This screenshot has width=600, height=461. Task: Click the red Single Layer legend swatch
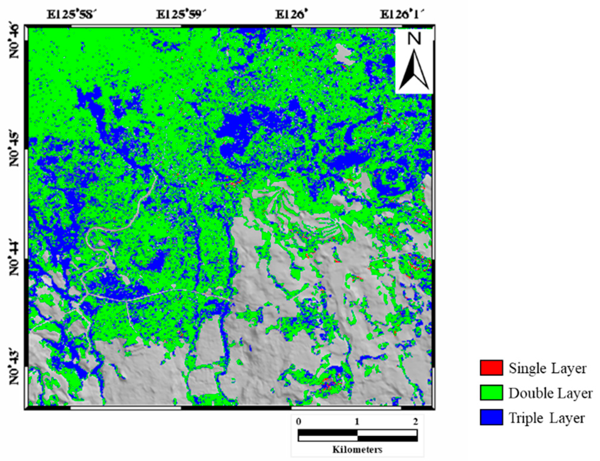coord(491,368)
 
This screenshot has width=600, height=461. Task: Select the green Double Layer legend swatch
coord(491,392)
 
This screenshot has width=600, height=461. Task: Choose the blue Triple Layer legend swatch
coord(491,417)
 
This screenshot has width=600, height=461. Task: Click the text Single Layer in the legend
coord(548,368)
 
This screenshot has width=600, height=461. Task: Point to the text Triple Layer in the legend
coord(547,418)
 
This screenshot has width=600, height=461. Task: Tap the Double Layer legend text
coord(550,393)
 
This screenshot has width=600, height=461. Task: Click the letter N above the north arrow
coord(414,39)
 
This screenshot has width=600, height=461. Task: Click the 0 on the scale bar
coord(299,422)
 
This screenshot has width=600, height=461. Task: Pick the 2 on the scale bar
coord(415,422)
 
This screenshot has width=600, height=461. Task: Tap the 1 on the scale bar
coord(357,422)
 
